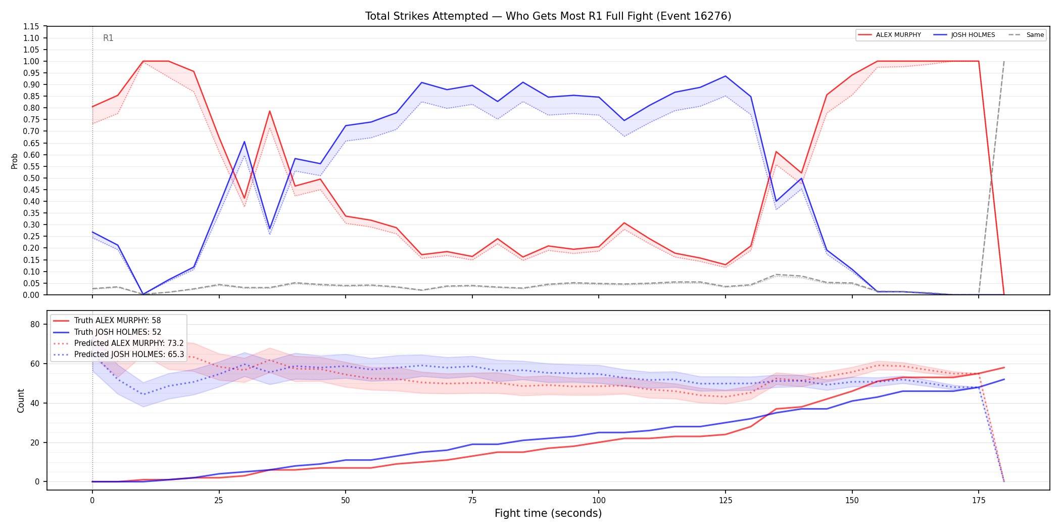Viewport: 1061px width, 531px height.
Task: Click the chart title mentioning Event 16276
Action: [548, 16]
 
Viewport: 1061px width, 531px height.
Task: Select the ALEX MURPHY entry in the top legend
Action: [890, 35]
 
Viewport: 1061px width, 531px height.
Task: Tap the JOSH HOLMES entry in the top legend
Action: [964, 35]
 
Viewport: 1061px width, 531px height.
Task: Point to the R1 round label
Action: [108, 38]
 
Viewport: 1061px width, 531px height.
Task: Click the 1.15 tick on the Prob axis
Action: [31, 26]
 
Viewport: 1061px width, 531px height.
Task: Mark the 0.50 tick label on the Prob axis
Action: [31, 178]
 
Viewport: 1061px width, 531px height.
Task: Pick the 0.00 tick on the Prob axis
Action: [31, 295]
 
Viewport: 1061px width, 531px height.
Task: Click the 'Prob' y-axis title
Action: [15, 161]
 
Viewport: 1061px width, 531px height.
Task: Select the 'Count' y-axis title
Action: [21, 401]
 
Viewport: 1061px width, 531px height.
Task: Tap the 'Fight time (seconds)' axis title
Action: [548, 513]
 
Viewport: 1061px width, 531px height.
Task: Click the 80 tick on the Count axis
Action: [35, 325]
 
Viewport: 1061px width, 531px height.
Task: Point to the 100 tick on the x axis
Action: [599, 501]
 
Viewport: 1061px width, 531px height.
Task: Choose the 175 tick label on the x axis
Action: [979, 501]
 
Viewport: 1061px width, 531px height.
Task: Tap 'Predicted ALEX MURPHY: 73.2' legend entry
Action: [119, 343]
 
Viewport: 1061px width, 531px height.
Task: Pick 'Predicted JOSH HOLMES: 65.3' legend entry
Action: [119, 354]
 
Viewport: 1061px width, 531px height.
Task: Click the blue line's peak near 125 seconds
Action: [726, 76]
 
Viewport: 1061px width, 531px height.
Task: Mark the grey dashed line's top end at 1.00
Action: [1004, 61]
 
